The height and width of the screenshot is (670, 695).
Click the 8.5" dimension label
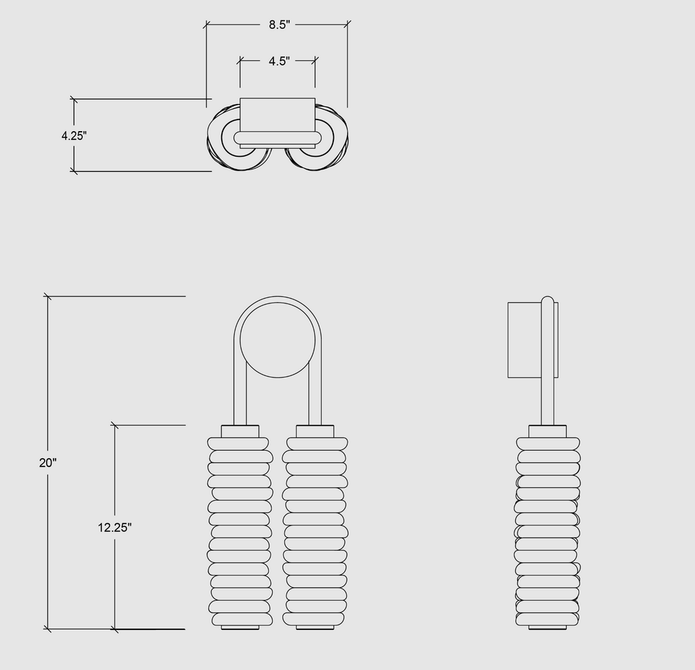[279, 25]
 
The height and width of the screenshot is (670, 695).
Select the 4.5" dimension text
[279, 60]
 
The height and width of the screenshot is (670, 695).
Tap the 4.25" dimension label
[74, 136]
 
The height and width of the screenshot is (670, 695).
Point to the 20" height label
[48, 462]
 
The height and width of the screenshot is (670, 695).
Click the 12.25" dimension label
[115, 527]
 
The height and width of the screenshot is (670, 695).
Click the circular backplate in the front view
[278, 340]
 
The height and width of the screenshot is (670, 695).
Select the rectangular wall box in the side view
[525, 340]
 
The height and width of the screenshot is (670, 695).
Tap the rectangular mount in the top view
[278, 115]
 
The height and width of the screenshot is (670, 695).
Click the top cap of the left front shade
[240, 432]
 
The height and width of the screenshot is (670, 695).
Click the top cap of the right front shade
[315, 432]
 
